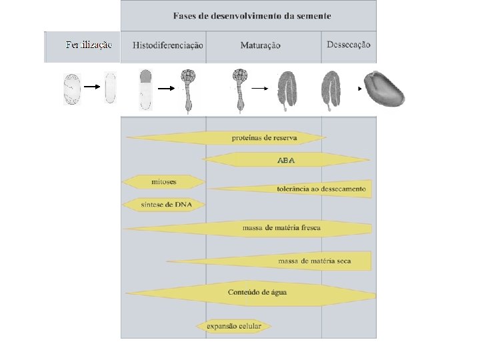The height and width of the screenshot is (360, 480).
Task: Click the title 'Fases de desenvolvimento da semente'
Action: [x=252, y=15]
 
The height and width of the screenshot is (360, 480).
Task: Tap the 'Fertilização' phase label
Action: [x=89, y=45]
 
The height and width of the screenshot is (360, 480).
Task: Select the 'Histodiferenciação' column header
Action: [x=167, y=45]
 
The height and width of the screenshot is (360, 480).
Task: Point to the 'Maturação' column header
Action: [x=261, y=45]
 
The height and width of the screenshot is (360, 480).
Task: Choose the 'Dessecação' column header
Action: [x=349, y=45]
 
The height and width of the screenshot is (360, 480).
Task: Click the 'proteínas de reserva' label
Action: [x=264, y=138]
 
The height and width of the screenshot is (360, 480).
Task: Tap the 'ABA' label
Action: [x=285, y=160]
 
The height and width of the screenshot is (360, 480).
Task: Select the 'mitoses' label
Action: [x=164, y=181]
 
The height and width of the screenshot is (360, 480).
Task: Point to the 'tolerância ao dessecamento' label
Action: [x=321, y=189]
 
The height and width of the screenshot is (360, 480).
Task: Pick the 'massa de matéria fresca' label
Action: [x=281, y=228]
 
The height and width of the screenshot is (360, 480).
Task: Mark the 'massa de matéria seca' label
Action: [x=315, y=261]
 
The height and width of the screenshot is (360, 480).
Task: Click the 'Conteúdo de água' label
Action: [x=257, y=293]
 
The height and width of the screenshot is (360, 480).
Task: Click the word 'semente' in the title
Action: [x=311, y=15]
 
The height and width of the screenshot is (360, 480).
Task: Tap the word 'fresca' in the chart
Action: [x=309, y=228]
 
